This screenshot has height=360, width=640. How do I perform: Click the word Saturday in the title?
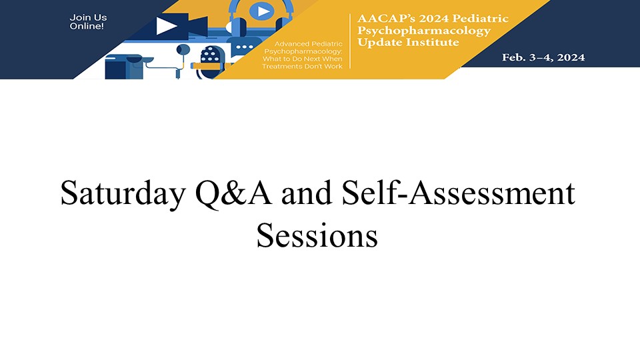click(x=123, y=193)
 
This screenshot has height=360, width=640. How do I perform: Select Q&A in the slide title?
click(x=233, y=193)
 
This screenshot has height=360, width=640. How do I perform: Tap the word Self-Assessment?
click(x=459, y=192)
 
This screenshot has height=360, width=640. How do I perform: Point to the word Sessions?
click(x=317, y=235)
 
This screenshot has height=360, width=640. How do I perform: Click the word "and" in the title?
click(x=307, y=193)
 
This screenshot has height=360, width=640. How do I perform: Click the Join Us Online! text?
click(x=88, y=21)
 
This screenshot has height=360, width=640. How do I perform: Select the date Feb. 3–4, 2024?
click(x=543, y=57)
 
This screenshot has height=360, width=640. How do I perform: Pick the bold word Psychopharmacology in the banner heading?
click(x=424, y=31)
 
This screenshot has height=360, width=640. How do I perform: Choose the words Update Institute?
click(x=408, y=43)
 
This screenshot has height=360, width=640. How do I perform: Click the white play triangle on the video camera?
click(x=166, y=26)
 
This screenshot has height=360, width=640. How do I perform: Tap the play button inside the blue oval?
click(x=262, y=11)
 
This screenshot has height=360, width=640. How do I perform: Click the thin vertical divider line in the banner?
click(x=350, y=41)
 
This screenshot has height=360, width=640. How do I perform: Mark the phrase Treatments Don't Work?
click(x=302, y=66)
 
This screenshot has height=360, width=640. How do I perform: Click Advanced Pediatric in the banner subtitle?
click(x=308, y=44)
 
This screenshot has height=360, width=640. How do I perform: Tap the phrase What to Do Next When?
click(x=303, y=59)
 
